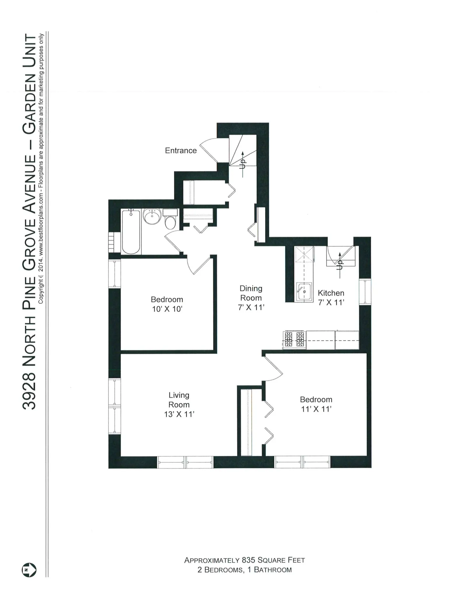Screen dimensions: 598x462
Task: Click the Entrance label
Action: click(181, 150)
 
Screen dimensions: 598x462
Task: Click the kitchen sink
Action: click(304, 292)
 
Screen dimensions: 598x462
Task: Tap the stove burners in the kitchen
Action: click(294, 339)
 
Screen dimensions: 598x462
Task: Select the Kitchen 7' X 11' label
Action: click(331, 298)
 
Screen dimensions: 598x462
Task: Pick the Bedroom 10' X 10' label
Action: click(167, 304)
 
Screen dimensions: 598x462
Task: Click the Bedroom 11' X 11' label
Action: click(316, 404)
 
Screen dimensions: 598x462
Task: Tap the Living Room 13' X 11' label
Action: click(179, 404)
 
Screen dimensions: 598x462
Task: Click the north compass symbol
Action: click(29, 570)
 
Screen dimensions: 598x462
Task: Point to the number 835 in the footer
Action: click(248, 560)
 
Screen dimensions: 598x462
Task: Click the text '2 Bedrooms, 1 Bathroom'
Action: click(245, 570)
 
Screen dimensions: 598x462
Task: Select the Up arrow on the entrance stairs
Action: click(243, 164)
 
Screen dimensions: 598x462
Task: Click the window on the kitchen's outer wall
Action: click(365, 292)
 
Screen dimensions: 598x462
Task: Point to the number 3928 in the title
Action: click(29, 392)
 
